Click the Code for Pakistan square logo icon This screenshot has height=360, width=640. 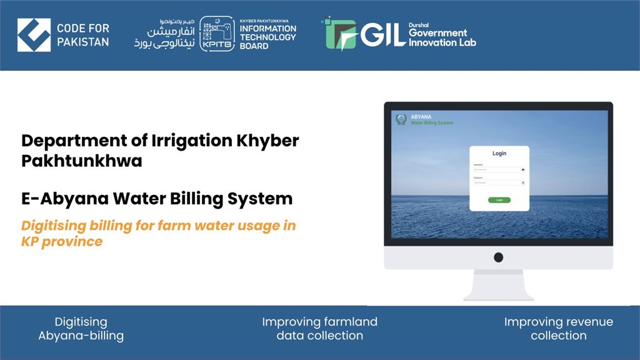34,35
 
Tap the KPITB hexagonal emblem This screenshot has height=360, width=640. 217,35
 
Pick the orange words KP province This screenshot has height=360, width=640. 62,241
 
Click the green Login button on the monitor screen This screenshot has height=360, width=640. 499,200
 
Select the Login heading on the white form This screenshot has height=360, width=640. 499,153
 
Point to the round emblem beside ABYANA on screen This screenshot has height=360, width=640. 401,119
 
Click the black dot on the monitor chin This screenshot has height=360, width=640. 498,257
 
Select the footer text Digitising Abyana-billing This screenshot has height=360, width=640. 81,329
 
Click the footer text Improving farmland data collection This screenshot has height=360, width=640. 319,329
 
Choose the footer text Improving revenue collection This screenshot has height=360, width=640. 558,329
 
